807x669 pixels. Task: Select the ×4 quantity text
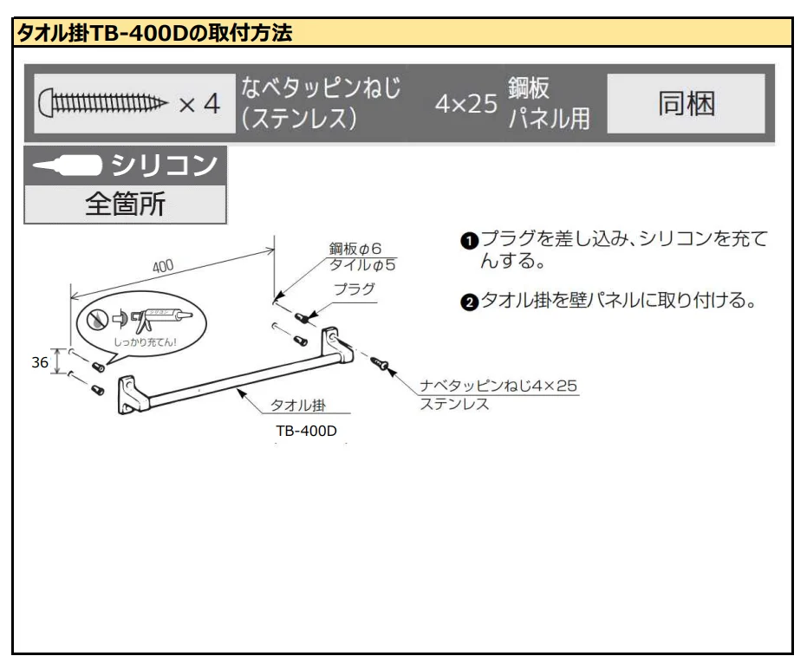tap(198, 105)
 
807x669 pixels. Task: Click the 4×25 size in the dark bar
tap(465, 106)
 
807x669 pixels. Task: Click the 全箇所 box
tap(125, 205)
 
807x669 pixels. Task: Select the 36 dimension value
tap(40, 363)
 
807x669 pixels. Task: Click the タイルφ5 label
tap(356, 264)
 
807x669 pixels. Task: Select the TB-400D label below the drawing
tap(306, 432)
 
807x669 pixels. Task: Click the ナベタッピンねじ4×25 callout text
tap(498, 385)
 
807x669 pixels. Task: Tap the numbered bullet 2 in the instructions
tap(468, 303)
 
